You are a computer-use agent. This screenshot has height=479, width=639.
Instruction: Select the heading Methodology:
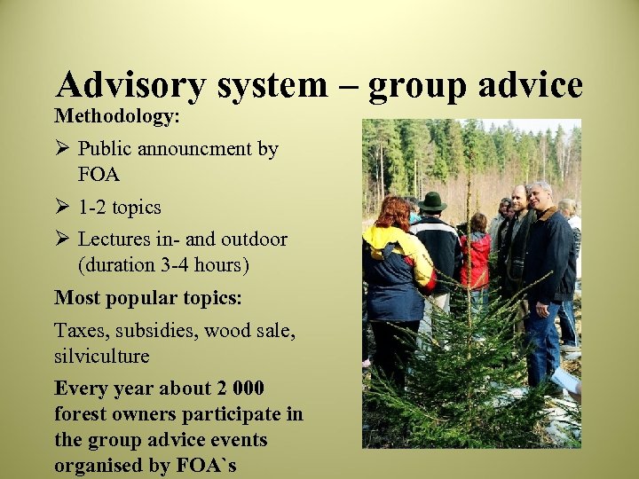pos(117,116)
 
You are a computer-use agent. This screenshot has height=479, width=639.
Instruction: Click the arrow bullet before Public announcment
pos(62,148)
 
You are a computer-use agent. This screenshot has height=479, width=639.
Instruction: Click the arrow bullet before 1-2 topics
pos(62,208)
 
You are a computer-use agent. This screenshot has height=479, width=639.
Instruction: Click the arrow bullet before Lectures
pos(62,239)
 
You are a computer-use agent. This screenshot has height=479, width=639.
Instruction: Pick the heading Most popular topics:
pos(148,298)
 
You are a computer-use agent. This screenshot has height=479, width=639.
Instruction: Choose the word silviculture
pos(102,356)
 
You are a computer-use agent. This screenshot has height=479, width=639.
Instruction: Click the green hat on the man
pos(432,202)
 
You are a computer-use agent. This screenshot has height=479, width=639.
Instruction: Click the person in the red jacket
pos(476,257)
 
